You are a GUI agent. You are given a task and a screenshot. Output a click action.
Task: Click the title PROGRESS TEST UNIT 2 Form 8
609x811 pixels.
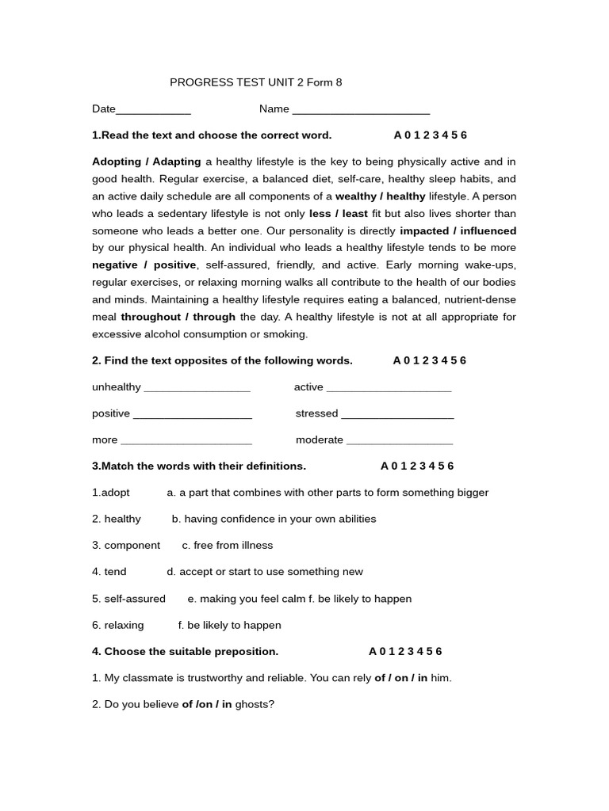pos(256,82)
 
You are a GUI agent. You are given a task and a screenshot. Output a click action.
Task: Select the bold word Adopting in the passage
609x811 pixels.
pos(117,162)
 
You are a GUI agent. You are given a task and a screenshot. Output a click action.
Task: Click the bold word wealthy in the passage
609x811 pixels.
pos(358,196)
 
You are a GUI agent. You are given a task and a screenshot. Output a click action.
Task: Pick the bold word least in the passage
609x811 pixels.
pos(354,214)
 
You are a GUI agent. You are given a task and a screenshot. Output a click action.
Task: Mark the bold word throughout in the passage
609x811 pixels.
pos(150,317)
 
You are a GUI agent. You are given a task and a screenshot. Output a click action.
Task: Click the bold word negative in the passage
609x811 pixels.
pos(114,265)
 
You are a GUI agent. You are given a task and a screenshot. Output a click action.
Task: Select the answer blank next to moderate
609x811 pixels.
pos(400,441)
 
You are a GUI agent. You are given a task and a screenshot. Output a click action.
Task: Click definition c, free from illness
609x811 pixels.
pos(228,546)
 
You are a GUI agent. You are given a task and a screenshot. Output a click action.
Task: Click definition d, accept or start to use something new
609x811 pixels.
pos(265,572)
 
